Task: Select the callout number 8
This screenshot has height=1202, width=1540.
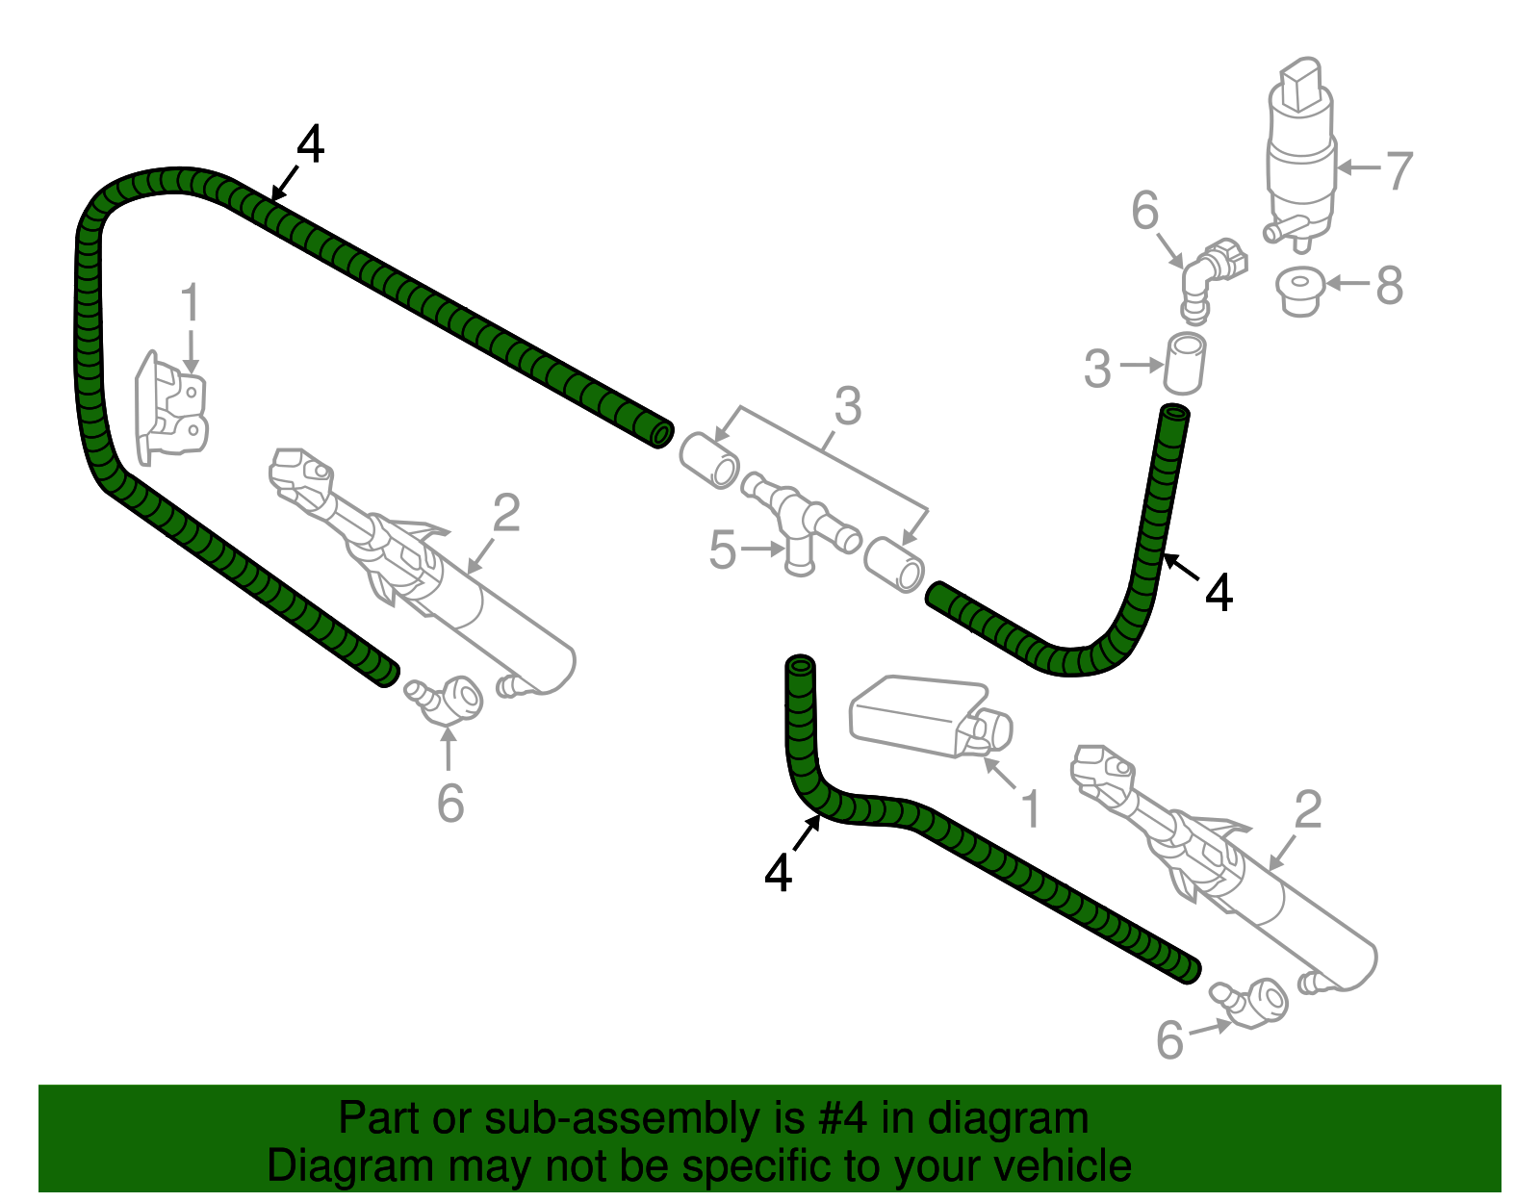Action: [1389, 285]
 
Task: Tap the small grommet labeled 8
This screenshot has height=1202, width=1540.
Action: [1299, 290]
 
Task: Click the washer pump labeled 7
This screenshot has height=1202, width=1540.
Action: [1300, 154]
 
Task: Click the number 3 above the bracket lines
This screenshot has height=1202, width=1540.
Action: [847, 406]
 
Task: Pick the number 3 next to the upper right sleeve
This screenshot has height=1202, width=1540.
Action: [1097, 369]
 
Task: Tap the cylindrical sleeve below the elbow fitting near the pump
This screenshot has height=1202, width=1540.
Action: [1186, 363]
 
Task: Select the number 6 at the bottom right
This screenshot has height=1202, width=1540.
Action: [1169, 1039]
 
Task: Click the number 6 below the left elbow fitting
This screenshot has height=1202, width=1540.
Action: [449, 804]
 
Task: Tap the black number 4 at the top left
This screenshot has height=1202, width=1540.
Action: [310, 145]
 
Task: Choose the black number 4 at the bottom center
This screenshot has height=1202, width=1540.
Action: [778, 873]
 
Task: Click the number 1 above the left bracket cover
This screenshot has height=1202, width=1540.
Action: [191, 302]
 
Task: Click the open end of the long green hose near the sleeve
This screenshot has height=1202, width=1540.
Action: [661, 434]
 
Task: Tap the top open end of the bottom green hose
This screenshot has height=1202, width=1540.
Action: [801, 665]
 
